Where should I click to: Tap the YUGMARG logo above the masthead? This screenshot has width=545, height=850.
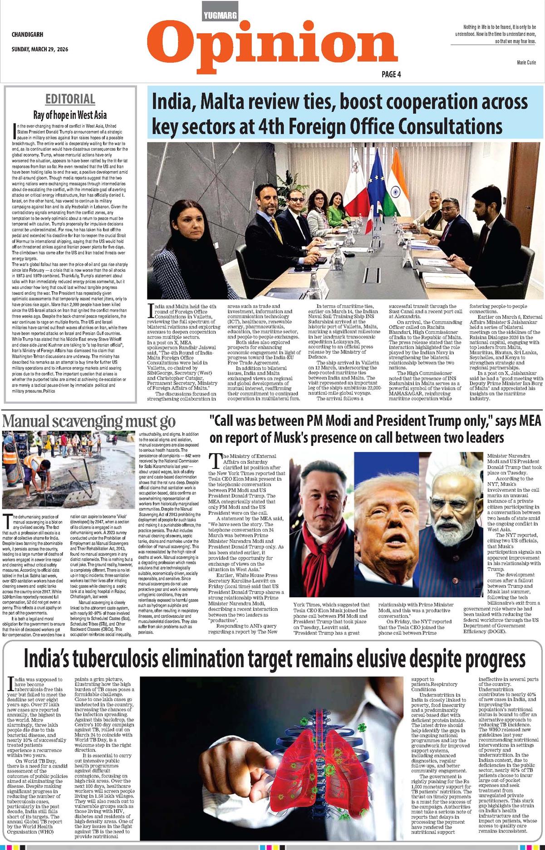click(221, 15)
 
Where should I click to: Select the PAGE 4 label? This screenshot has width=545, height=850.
click(391, 74)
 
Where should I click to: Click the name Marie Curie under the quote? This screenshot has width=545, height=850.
click(526, 62)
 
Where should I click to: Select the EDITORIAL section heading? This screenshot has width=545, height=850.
click(70, 99)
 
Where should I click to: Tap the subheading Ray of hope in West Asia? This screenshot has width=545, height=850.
click(70, 115)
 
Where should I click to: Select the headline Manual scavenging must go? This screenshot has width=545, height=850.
click(89, 421)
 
